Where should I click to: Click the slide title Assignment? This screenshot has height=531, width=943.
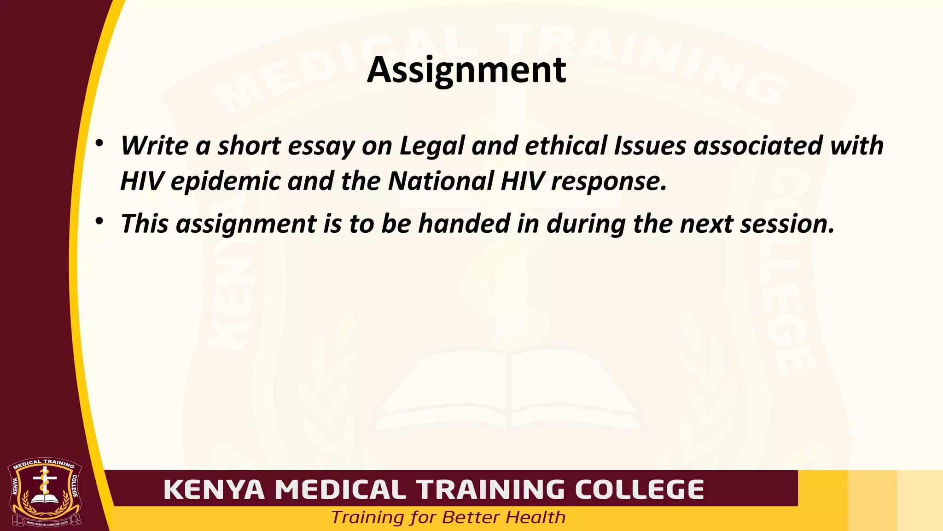pyautogui.click(x=466, y=70)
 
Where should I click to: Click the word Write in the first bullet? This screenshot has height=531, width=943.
pyautogui.click(x=154, y=146)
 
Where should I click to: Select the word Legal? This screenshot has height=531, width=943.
pyautogui.click(x=432, y=147)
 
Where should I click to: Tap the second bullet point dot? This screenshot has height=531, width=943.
pyautogui.click(x=99, y=221)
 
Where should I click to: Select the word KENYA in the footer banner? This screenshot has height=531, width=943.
pyautogui.click(x=214, y=490)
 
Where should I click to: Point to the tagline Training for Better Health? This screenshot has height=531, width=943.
pyautogui.click(x=448, y=517)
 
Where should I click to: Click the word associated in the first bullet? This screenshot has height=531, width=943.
pyautogui.click(x=758, y=146)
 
